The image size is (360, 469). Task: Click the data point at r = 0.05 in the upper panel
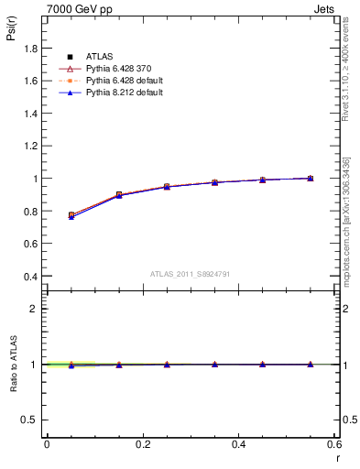coord(71,215)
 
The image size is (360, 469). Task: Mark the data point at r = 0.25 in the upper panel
coord(167,186)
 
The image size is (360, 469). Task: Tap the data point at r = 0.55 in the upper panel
coord(311,178)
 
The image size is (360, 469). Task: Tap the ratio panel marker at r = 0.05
coord(71,365)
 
